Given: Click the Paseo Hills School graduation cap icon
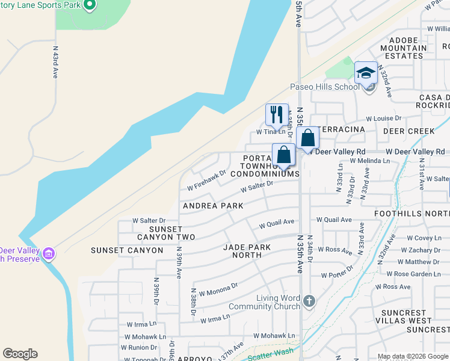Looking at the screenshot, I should [366, 73].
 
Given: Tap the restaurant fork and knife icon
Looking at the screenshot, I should [277, 114].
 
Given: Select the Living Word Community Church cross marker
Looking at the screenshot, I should [309, 300].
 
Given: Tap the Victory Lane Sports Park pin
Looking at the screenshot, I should [89, 5].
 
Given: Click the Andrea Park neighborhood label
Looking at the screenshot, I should [213, 206].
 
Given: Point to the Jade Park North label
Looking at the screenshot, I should [242, 251].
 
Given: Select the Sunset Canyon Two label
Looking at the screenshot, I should [164, 233].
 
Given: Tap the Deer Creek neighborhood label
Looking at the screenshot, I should [408, 131].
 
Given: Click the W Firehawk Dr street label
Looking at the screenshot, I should [206, 178].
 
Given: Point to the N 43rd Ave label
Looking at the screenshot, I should [55, 63].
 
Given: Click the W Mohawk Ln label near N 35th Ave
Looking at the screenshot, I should [274, 336].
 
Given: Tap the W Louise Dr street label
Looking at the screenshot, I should [383, 119].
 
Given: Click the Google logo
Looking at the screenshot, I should [20, 354].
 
